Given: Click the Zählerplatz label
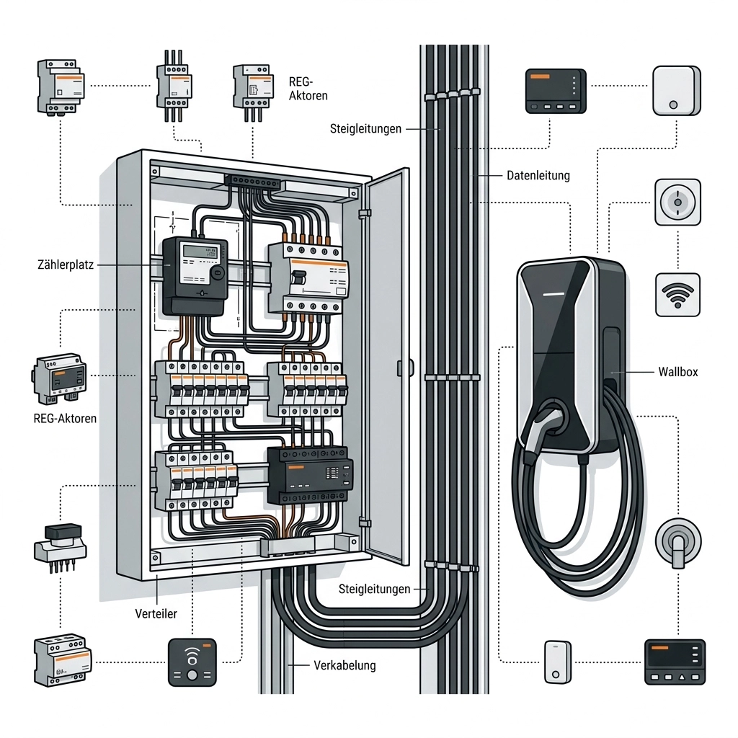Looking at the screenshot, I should coord(66,265).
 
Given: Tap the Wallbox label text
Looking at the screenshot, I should coord(677,373).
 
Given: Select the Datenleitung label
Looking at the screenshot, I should coord(538,175).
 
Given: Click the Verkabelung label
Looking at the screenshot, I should coord(344,665).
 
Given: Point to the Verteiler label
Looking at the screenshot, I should coord(156,614).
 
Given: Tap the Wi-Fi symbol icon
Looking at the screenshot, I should coord(677,294).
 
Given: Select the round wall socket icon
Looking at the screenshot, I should coord(677,203).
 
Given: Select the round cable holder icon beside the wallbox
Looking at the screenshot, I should coord(677,542).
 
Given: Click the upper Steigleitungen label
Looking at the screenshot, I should coord(365,129).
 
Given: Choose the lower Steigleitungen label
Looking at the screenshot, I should coord(374,589).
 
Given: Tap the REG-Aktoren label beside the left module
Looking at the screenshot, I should coord(65,418).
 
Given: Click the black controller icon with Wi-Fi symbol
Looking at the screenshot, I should coord(192,661).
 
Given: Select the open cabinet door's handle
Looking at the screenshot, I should coord(400,368).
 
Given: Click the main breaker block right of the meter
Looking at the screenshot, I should coord(308,277).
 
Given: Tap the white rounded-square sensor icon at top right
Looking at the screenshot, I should coord(676,91).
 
